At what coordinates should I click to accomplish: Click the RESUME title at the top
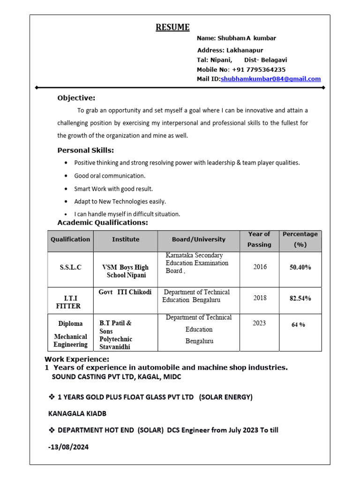pyautogui.click(x=172, y=27)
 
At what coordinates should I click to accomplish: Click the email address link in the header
pyautogui.click(x=270, y=79)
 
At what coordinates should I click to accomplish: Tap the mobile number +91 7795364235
pyautogui.click(x=262, y=69)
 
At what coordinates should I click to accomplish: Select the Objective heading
pyautogui.click(x=76, y=98)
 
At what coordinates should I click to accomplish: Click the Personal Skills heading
pyautogui.click(x=85, y=150)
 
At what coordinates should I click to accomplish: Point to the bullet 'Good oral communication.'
pyautogui.click(x=110, y=176)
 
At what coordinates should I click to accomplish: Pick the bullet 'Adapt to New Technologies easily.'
pyautogui.click(x=120, y=202)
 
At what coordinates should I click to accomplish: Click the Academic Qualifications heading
pyautogui.click(x=102, y=223)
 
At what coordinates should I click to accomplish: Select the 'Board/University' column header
pyautogui.click(x=198, y=240)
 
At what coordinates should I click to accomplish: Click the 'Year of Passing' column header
pyautogui.click(x=259, y=239)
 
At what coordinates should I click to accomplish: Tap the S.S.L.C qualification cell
pyautogui.click(x=70, y=267)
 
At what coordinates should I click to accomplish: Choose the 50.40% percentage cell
pyautogui.click(x=300, y=267)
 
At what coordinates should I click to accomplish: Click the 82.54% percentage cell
pyautogui.click(x=300, y=298)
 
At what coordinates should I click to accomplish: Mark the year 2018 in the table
pyautogui.click(x=260, y=298)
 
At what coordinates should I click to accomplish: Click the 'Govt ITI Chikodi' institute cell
pyautogui.click(x=125, y=292)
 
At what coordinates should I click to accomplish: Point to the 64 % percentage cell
pyautogui.click(x=298, y=324)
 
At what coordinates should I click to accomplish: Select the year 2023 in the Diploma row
pyautogui.click(x=259, y=323)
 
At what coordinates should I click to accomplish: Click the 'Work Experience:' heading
pyautogui.click(x=76, y=359)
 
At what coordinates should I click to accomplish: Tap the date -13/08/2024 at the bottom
pyautogui.click(x=68, y=447)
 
